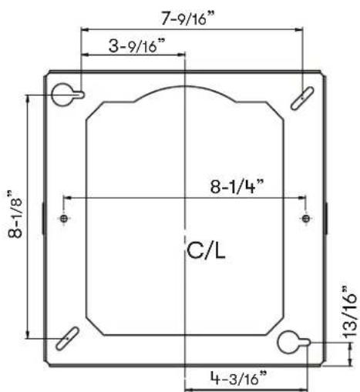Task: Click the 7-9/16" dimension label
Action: click(x=187, y=18)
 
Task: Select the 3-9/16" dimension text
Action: click(x=136, y=45)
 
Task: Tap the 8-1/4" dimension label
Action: click(x=237, y=186)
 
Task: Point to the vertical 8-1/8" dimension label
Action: click(x=15, y=214)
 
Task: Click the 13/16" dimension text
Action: click(x=349, y=311)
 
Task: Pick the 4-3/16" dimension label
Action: click(x=238, y=377)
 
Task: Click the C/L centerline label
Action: click(x=206, y=251)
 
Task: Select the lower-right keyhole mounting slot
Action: click(x=294, y=342)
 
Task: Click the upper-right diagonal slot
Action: click(x=302, y=99)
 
